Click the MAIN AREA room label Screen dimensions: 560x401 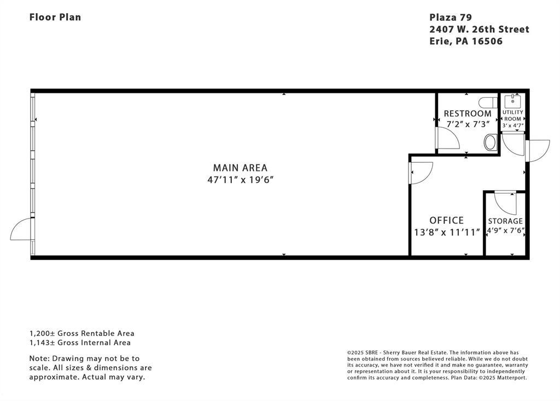pyautogui.click(x=240, y=168)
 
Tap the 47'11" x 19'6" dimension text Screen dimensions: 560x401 pyautogui.click(x=241, y=179)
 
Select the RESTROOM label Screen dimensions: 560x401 pyautogui.click(x=468, y=114)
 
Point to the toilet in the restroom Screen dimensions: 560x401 pyautogui.click(x=488, y=102)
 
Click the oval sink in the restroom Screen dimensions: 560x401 pyautogui.click(x=491, y=143)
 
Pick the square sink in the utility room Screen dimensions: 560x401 pyautogui.click(x=512, y=101)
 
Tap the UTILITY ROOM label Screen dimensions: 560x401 pyautogui.click(x=513, y=115)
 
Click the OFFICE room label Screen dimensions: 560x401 pyautogui.click(x=446, y=220)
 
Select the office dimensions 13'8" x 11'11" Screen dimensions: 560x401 pyautogui.click(x=446, y=232)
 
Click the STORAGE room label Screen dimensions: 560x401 pyautogui.click(x=505, y=221)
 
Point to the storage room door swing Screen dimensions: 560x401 pyautogui.click(x=505, y=203)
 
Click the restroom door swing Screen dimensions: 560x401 pyautogui.click(x=447, y=138)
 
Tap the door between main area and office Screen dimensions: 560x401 pyautogui.click(x=421, y=173)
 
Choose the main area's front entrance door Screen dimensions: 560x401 pyautogui.click(x=22, y=229)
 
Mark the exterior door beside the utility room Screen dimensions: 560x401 pyautogui.click(x=537, y=151)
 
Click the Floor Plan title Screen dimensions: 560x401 pyautogui.click(x=55, y=17)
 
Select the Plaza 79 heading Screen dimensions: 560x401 pyautogui.click(x=451, y=17)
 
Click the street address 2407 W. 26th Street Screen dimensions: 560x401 pyautogui.click(x=479, y=30)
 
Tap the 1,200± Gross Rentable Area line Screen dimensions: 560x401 pyautogui.click(x=82, y=333)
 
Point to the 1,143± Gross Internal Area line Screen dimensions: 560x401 pyautogui.click(x=80, y=343)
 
